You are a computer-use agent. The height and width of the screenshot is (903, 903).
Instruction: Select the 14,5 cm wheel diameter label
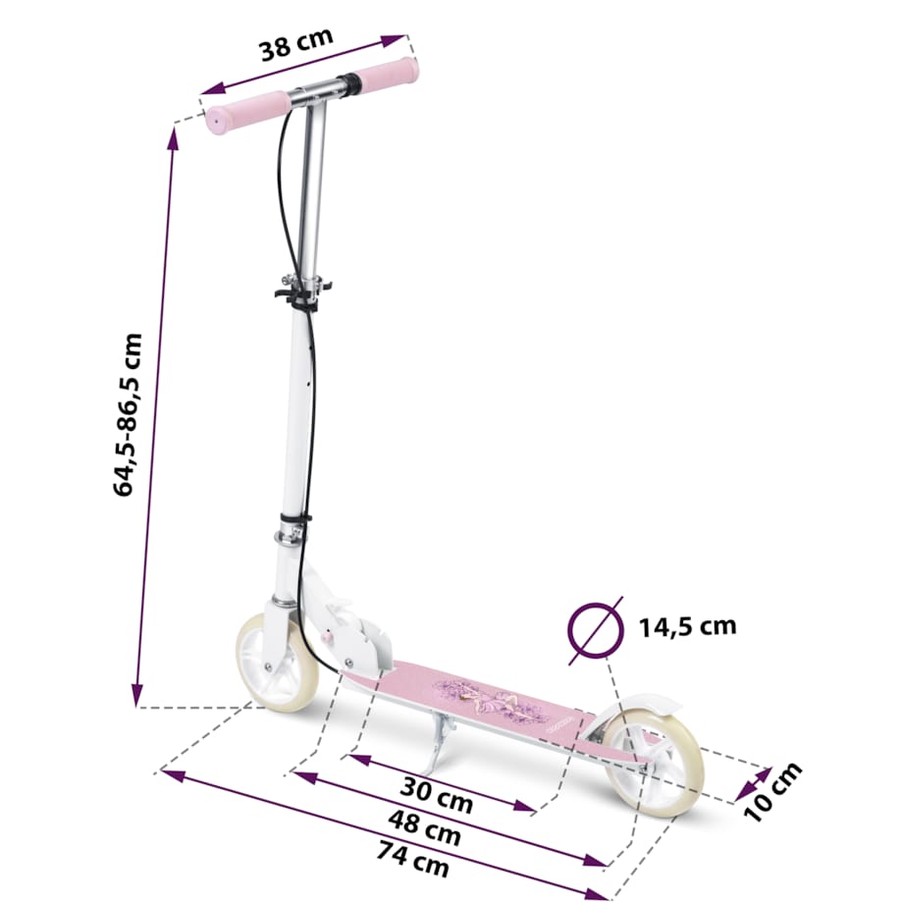point(687,625)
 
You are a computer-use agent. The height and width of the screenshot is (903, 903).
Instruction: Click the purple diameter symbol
point(595,625)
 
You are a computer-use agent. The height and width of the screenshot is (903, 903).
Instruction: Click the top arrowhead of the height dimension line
point(176,133)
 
